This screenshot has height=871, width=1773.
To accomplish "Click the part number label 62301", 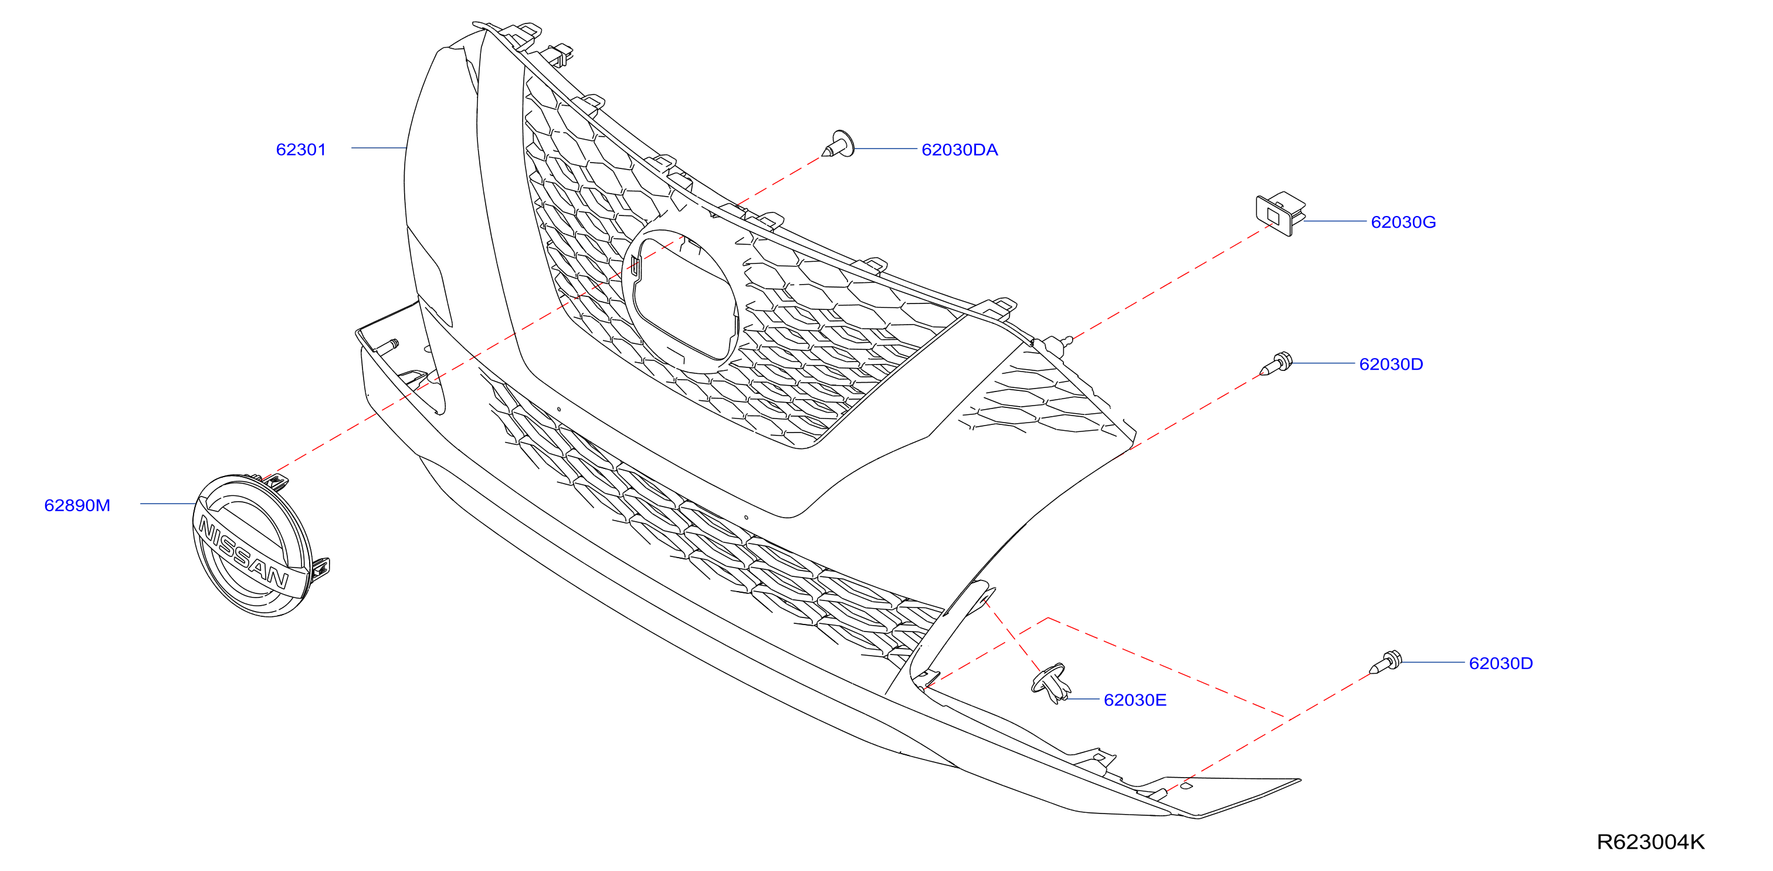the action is coord(301,150).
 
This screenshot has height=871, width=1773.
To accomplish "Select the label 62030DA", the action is coord(960,150).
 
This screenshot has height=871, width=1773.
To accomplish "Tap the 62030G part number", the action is coord(1404,222).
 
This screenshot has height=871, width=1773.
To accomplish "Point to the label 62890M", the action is coord(77,505).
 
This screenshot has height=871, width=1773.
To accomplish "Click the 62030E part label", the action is coord(1135,700).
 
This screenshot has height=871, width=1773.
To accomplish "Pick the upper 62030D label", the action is coord(1391,364).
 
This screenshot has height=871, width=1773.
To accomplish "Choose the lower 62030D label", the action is coord(1501,663).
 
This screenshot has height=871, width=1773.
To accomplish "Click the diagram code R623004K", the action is coord(1650,842).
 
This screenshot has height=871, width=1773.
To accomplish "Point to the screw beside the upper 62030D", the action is coord(1277,363).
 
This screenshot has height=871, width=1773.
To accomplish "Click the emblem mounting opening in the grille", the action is coord(682,301).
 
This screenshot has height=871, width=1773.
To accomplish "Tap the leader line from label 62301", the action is coord(378,148).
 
